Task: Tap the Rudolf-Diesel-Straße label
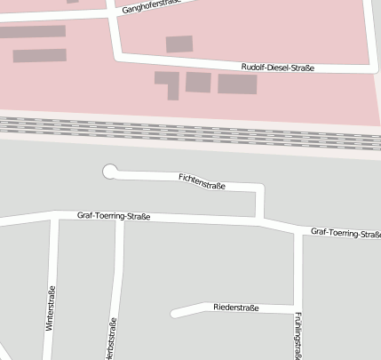pos(278,68)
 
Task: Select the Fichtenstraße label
pos(202,182)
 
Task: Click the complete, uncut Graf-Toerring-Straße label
pos(114,216)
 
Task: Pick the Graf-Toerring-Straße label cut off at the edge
pos(345,234)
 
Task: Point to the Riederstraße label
pos(235,308)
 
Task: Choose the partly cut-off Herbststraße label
pos(113,337)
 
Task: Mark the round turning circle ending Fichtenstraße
pos(110,172)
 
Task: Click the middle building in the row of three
pos(197,82)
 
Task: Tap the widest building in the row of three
pos(237,84)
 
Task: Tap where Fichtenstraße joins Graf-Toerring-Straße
pos(260,220)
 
